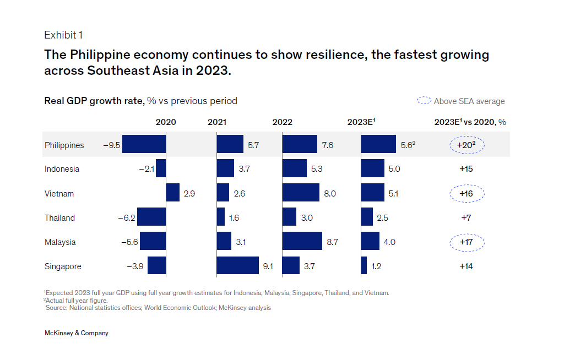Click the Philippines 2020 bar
[x=144, y=145]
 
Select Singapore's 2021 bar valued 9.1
[x=237, y=266]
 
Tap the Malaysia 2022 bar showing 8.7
[x=302, y=242]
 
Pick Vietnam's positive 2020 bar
[x=173, y=193]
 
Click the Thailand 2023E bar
[x=367, y=217]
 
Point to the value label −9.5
[x=112, y=145]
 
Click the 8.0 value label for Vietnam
[x=330, y=194]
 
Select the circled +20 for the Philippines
[x=466, y=145]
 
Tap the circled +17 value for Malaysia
[x=466, y=242]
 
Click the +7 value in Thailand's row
[x=466, y=218]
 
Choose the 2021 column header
[x=216, y=122]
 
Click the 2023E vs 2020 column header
[x=470, y=122]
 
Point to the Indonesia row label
[x=62, y=169]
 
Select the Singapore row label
[x=63, y=266]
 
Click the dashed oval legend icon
[x=424, y=101]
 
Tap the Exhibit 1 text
[x=63, y=35]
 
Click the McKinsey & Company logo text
[x=76, y=333]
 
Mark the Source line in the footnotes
[x=158, y=308]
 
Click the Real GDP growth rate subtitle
[x=140, y=101]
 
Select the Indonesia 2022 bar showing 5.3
[x=294, y=169]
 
